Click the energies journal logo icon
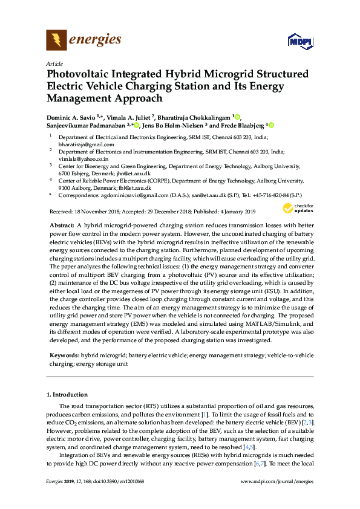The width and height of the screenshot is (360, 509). tap(56, 41)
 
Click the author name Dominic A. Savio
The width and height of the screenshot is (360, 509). tap(76, 117)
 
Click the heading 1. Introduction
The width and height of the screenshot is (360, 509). tap(67, 394)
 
